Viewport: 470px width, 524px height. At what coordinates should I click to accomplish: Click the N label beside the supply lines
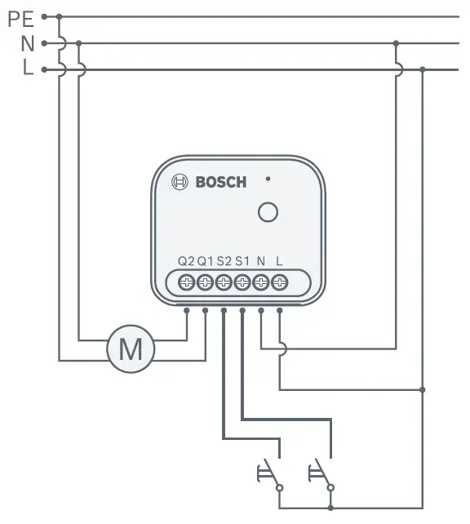(x=27, y=43)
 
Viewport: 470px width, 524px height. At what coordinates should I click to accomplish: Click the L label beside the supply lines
(x=28, y=70)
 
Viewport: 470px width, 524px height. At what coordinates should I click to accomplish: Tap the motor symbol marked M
(x=131, y=349)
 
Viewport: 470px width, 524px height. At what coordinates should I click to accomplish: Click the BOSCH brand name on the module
(x=220, y=182)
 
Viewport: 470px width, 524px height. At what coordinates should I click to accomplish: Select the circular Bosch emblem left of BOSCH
(x=180, y=182)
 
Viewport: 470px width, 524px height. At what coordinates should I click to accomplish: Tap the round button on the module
(x=267, y=212)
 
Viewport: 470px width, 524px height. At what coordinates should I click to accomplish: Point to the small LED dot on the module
(x=268, y=177)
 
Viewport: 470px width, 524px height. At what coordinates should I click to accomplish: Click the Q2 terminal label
(x=186, y=261)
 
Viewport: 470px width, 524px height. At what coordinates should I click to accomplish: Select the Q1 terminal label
(x=205, y=261)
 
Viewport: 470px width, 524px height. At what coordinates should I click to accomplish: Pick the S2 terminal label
(x=224, y=261)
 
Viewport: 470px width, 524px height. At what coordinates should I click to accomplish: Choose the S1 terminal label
(x=242, y=261)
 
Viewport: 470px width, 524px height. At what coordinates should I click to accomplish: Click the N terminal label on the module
(x=261, y=261)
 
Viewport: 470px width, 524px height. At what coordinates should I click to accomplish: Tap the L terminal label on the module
(x=280, y=261)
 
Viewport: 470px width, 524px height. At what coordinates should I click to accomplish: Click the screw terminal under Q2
(x=186, y=282)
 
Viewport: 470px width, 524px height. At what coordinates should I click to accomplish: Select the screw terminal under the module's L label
(x=280, y=282)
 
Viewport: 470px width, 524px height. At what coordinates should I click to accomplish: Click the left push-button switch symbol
(x=269, y=473)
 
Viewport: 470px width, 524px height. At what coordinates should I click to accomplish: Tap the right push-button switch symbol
(x=321, y=473)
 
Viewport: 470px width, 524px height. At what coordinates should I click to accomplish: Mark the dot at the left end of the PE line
(x=43, y=16)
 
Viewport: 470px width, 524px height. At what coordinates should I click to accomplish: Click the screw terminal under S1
(x=242, y=282)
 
